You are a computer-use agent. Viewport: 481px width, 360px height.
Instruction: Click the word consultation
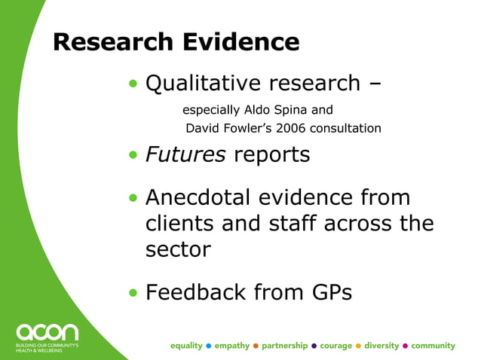pyautogui.click(x=350, y=128)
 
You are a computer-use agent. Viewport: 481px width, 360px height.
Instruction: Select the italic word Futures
pyautogui.click(x=185, y=155)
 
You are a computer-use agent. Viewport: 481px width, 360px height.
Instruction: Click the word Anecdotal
pyautogui.click(x=198, y=197)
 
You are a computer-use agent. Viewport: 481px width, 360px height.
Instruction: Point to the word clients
pyautogui.click(x=181, y=224)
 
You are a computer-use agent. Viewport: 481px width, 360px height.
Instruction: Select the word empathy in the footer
pyautogui.click(x=231, y=346)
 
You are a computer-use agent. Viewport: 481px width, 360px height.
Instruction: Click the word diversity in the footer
pyautogui.click(x=381, y=346)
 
